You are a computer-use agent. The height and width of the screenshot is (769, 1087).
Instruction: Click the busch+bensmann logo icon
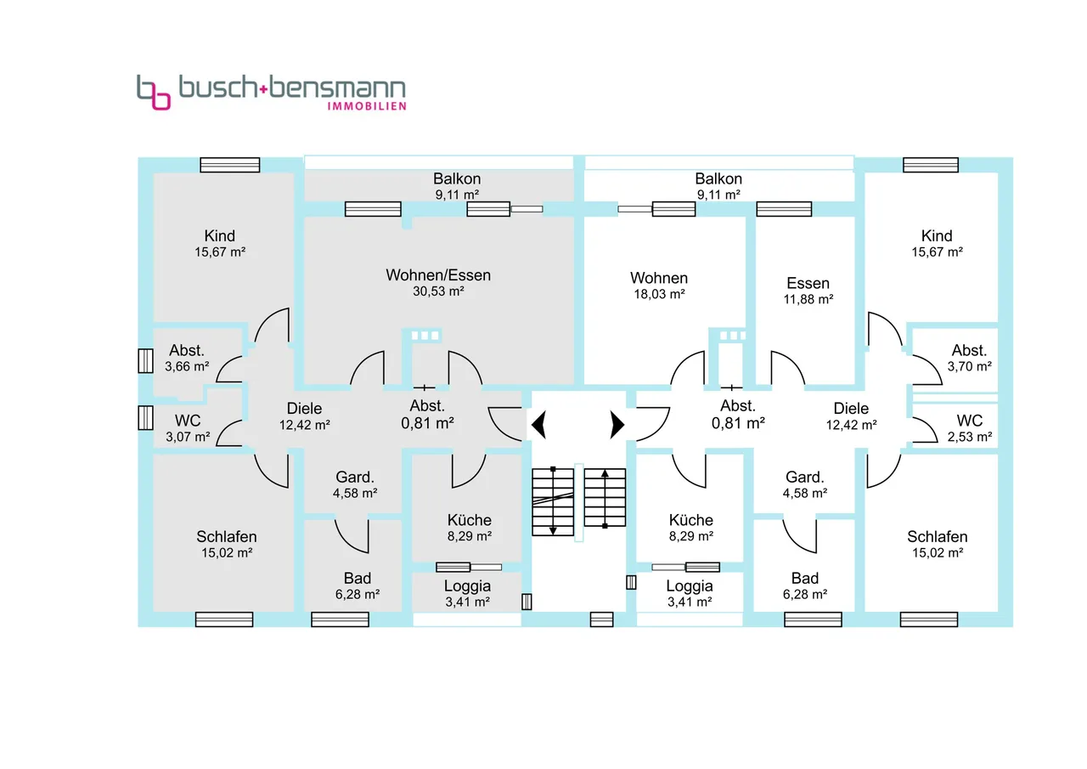(154, 92)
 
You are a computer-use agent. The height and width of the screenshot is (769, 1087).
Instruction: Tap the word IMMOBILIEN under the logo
(367, 106)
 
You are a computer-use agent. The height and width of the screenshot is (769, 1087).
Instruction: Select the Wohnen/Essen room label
(438, 275)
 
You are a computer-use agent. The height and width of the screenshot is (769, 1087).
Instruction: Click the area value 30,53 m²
(438, 291)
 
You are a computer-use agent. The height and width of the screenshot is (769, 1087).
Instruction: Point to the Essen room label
(808, 283)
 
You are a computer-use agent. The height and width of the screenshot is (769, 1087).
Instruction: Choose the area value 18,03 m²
(659, 295)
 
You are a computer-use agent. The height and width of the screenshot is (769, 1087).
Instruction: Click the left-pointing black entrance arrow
(538, 422)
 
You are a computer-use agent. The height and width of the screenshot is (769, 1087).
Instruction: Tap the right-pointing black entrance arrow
(617, 422)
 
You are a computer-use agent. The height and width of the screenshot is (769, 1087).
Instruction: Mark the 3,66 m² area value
(185, 366)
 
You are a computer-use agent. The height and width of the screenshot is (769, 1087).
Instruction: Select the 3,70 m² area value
(969, 366)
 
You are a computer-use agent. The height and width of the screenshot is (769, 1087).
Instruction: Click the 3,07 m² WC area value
(187, 437)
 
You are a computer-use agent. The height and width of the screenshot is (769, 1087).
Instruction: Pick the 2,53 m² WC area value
(969, 437)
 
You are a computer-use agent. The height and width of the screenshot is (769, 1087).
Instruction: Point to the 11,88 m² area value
(808, 299)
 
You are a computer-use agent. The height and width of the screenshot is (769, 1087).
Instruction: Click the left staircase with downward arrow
(553, 501)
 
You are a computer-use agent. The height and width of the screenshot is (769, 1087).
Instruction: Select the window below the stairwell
(601, 619)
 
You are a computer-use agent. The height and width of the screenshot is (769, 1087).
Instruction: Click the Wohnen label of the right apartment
(659, 278)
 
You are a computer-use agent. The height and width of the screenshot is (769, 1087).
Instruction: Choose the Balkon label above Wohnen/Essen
(457, 178)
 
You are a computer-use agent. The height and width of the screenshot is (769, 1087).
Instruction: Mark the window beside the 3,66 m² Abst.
(144, 360)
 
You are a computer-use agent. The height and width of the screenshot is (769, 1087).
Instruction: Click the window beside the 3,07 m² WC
(144, 418)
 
